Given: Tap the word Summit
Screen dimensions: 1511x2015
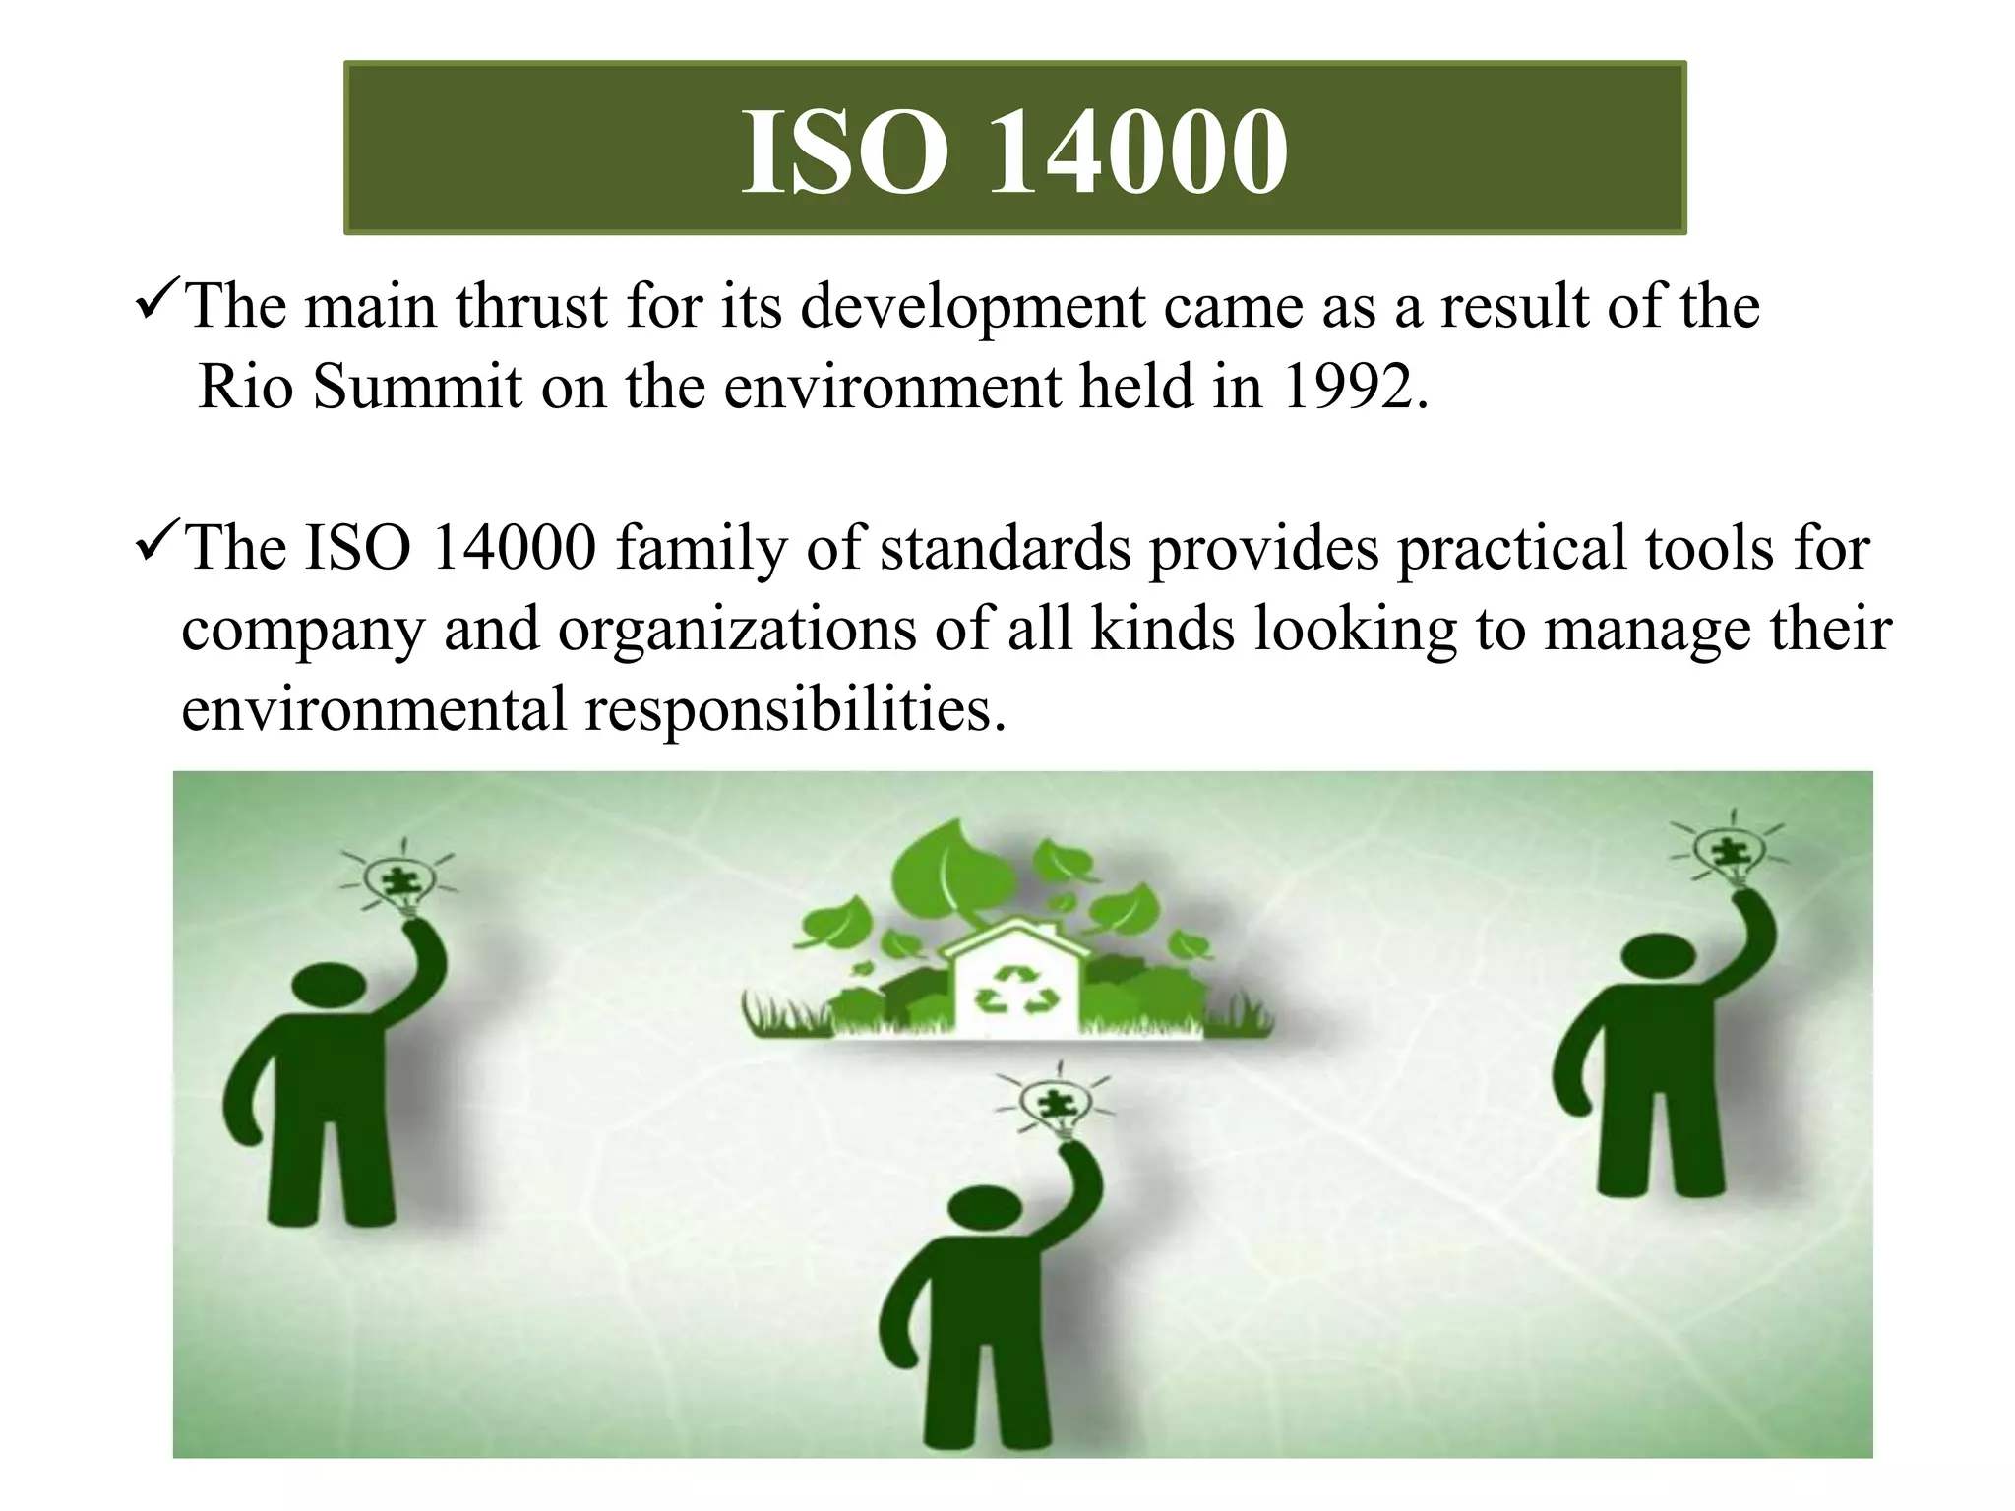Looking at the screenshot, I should pos(417,387).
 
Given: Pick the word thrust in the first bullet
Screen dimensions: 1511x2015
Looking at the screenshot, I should pos(531,306).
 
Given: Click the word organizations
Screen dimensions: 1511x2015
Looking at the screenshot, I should pos(738,631).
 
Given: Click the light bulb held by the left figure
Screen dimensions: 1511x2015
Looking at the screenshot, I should pos(398,880).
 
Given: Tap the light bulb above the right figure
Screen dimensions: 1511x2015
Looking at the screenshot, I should pos(1729,854).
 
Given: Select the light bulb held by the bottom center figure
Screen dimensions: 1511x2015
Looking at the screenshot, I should pos(1054,1107).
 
